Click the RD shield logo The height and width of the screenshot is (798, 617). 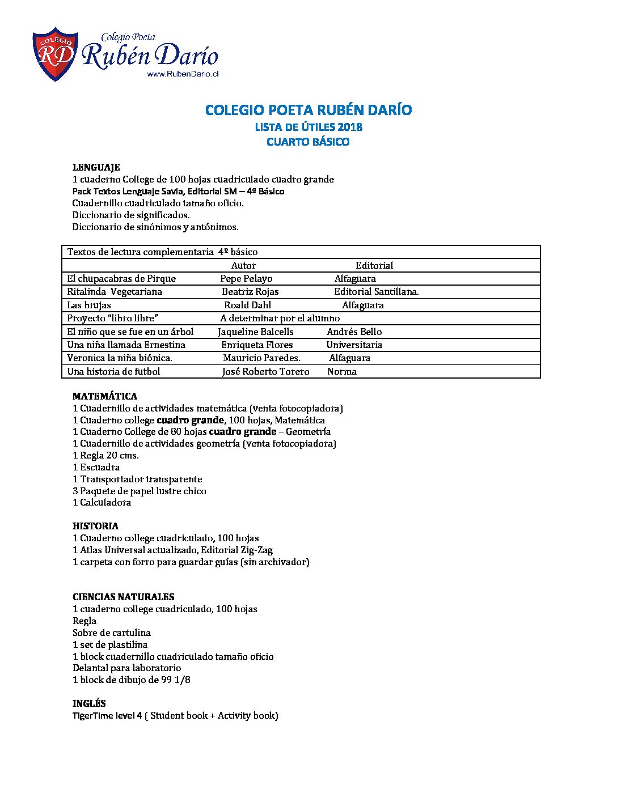pyautogui.click(x=55, y=54)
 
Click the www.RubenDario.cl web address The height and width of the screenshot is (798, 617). pyautogui.click(x=183, y=74)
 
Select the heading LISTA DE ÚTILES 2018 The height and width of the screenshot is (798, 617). pyautogui.click(x=308, y=127)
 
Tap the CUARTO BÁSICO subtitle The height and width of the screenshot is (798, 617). pyautogui.click(x=308, y=142)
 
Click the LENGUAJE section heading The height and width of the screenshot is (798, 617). pyautogui.click(x=96, y=167)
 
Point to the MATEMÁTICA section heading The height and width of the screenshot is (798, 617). pyautogui.click(x=105, y=396)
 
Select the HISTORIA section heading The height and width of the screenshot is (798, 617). pyautogui.click(x=95, y=526)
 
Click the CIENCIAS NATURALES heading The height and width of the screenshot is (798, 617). pyautogui.click(x=123, y=597)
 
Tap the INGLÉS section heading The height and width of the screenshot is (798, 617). pyautogui.click(x=89, y=703)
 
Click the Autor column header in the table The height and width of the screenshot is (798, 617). pyautogui.click(x=243, y=265)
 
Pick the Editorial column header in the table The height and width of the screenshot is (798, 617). pyautogui.click(x=374, y=265)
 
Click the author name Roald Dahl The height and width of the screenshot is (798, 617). pyautogui.click(x=248, y=305)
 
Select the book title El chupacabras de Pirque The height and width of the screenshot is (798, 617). pyautogui.click(x=121, y=278)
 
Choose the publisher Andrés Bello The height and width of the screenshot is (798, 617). pyautogui.click(x=354, y=332)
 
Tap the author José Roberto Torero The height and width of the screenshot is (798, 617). pyautogui.click(x=265, y=371)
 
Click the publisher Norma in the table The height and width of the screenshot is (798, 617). pyautogui.click(x=342, y=371)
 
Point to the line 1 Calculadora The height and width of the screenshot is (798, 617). pyautogui.click(x=102, y=502)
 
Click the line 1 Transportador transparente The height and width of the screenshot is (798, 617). pyautogui.click(x=137, y=479)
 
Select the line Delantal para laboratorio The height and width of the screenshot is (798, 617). pyautogui.click(x=126, y=668)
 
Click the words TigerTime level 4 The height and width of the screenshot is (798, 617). pyautogui.click(x=107, y=715)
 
